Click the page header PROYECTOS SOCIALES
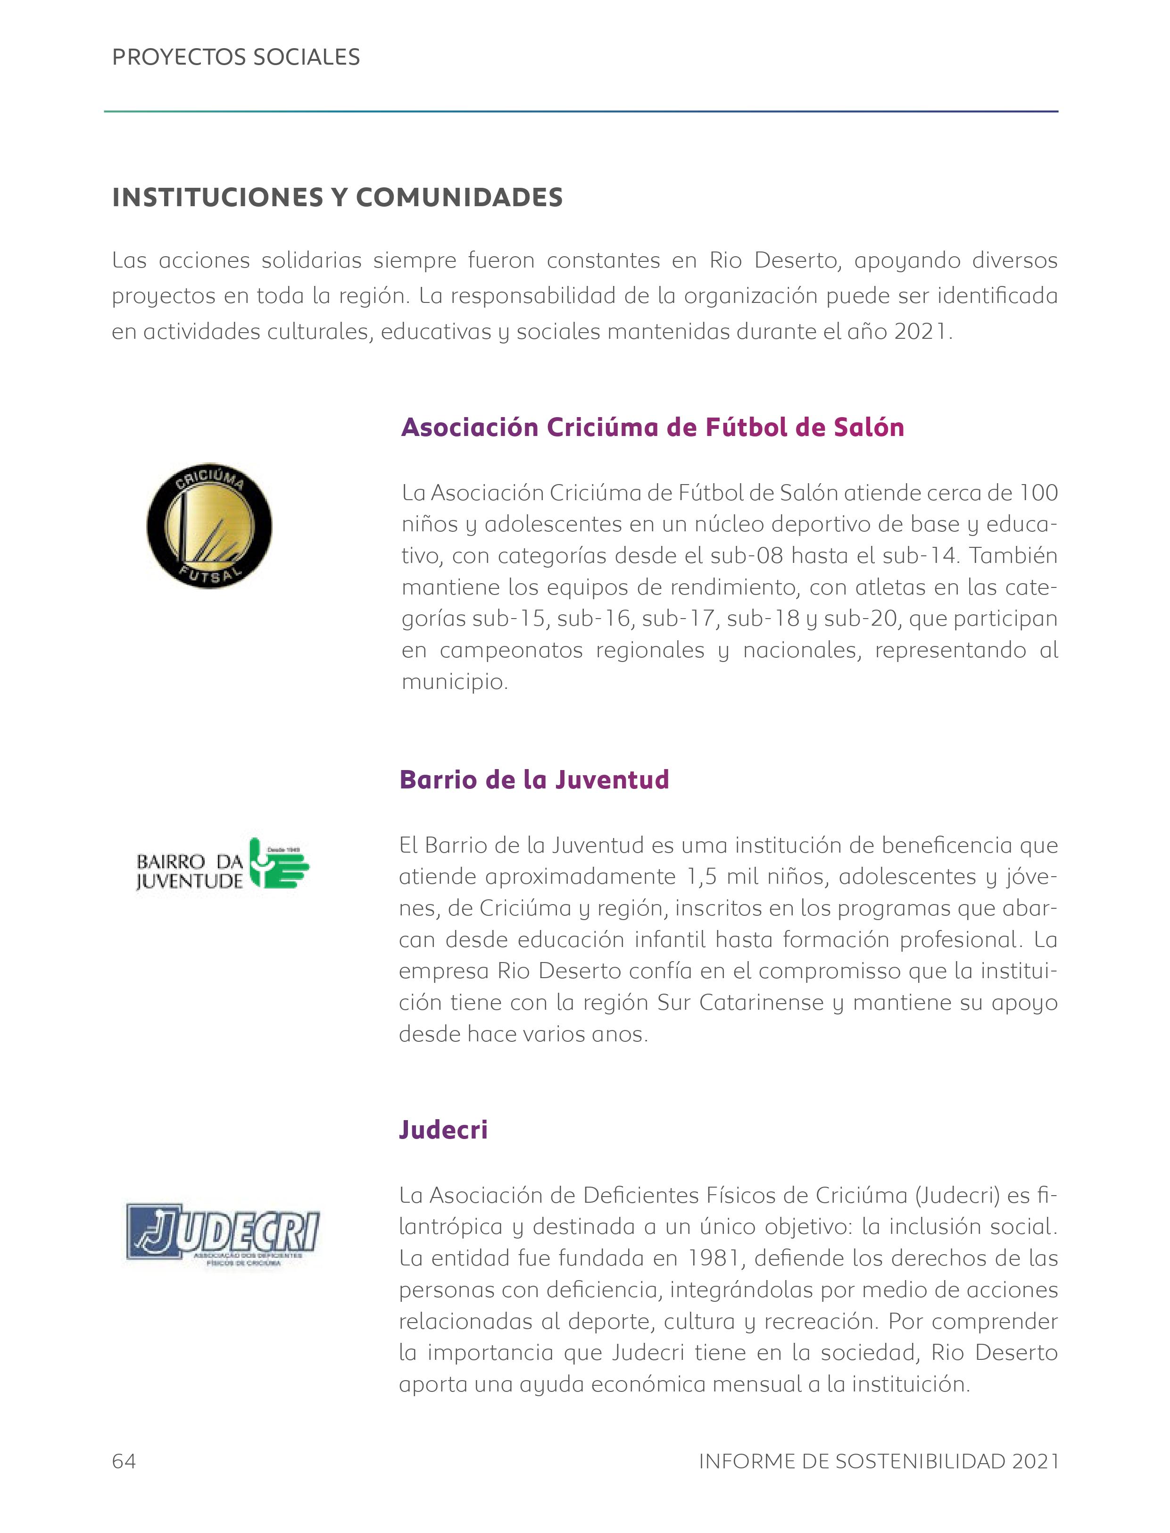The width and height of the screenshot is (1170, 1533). (236, 57)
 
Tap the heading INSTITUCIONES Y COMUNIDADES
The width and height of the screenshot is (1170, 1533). (337, 198)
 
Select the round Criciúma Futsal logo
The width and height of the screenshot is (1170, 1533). (209, 526)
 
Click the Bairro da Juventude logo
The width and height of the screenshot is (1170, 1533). (222, 864)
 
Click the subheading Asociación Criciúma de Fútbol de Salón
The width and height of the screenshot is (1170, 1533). (653, 427)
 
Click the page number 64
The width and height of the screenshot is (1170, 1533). (124, 1461)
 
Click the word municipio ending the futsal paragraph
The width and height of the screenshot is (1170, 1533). (454, 681)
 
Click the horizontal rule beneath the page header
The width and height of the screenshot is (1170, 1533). (581, 111)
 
